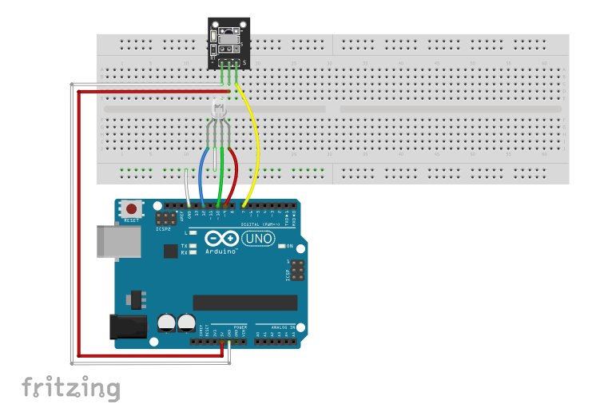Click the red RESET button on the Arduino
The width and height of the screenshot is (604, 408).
(131, 209)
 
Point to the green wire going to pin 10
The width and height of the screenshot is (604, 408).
(219, 172)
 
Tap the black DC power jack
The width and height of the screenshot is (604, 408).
(128, 327)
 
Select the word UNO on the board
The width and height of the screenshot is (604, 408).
(258, 239)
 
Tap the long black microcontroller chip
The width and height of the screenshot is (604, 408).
(245, 303)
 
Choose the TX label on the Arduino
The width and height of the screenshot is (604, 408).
(185, 245)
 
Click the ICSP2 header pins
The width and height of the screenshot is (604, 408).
(166, 218)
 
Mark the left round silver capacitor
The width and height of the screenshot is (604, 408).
(167, 323)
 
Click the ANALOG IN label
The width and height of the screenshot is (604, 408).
(280, 327)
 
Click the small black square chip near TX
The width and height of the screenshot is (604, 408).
(169, 252)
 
